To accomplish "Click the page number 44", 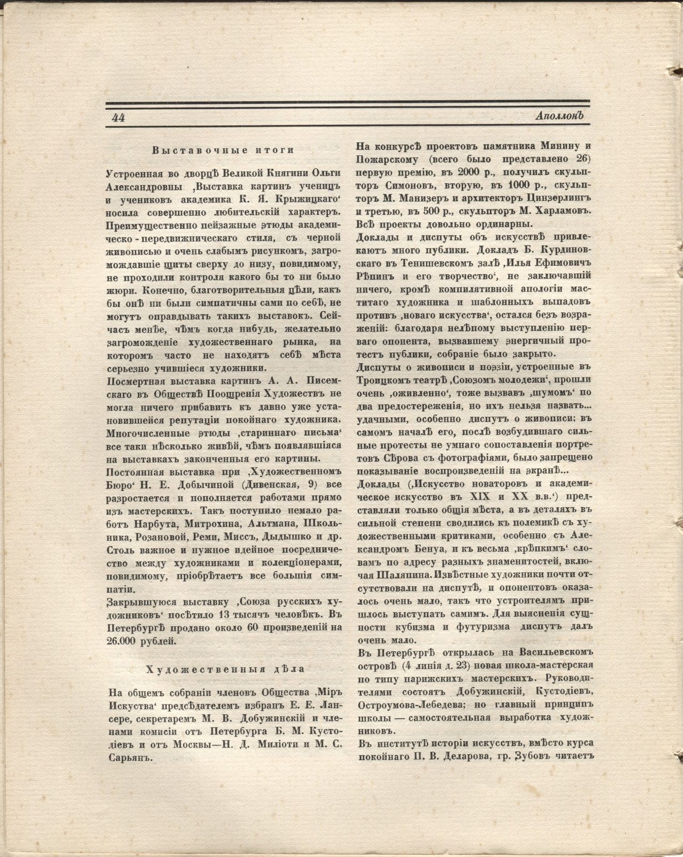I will point(118,118).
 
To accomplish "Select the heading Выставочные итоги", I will point(223,151).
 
